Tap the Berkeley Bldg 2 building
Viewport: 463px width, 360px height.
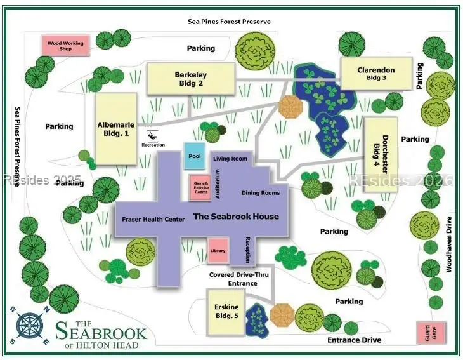point(190,79)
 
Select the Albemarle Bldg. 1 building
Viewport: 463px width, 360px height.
point(116,128)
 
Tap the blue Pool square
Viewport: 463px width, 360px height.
point(195,156)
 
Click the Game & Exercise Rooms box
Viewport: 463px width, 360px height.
point(200,187)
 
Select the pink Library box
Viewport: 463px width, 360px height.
point(217,251)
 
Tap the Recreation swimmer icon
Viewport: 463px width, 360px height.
point(153,136)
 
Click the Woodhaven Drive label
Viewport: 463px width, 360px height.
point(448,244)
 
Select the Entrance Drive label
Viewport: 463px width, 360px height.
point(355,340)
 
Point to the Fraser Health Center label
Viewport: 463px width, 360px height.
point(153,219)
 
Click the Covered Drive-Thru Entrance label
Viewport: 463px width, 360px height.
point(233,279)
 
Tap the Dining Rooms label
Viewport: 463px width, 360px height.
point(260,192)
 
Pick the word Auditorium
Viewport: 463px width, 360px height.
point(218,184)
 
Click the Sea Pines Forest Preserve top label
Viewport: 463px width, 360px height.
point(230,22)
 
